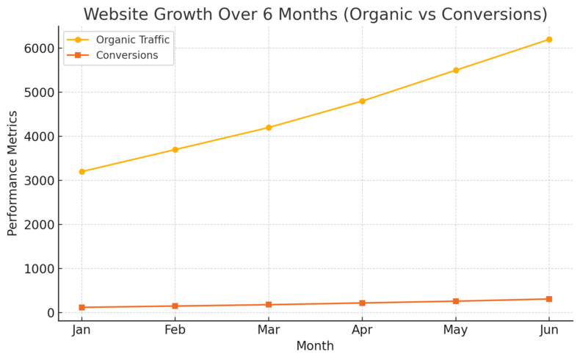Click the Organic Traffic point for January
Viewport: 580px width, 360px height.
(x=81, y=172)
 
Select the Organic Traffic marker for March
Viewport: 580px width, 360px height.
(x=269, y=128)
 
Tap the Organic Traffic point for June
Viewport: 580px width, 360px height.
(x=549, y=40)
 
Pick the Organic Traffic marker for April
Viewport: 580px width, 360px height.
(x=362, y=101)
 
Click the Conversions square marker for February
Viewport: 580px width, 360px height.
(x=175, y=306)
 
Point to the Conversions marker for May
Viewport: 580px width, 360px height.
(x=456, y=301)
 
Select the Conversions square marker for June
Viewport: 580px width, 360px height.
(x=549, y=299)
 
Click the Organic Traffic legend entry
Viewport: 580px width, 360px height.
(x=132, y=40)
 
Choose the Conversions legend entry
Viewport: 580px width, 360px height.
(x=127, y=55)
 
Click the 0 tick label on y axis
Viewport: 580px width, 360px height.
(x=50, y=313)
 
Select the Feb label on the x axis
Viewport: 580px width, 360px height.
(x=175, y=331)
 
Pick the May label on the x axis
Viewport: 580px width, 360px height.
(x=456, y=331)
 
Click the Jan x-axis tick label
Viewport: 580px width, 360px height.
(x=81, y=331)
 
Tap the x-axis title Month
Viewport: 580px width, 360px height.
(x=315, y=346)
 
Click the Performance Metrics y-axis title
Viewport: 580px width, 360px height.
(x=12, y=173)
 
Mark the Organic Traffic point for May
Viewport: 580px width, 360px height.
(x=456, y=71)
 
